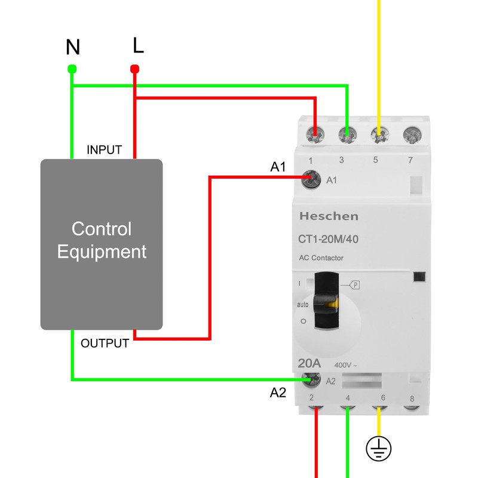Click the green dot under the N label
72,68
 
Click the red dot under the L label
135,68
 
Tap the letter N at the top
72,47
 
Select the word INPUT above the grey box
104,149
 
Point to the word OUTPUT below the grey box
105,344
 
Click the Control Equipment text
102,240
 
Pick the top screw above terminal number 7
410,134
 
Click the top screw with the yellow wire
378,134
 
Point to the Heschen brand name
329,216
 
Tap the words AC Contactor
321,258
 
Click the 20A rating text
310,363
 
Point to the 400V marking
345,365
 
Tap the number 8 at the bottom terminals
411,399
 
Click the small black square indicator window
419,276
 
